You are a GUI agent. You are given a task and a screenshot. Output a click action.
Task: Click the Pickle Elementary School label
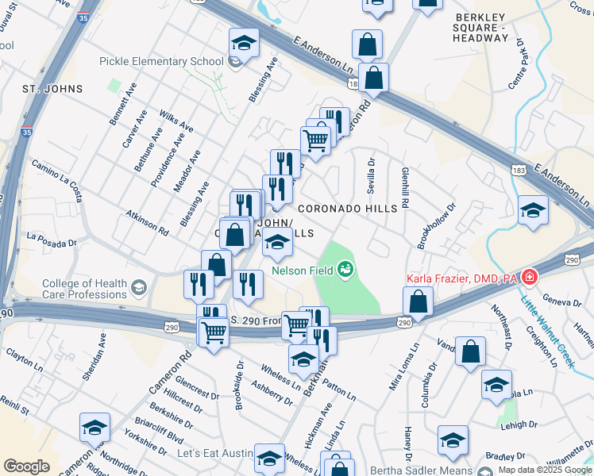tap(161, 62)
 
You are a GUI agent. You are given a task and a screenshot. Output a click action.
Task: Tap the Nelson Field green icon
tap(346, 271)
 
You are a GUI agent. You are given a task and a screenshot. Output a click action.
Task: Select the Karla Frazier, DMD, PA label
tap(461, 278)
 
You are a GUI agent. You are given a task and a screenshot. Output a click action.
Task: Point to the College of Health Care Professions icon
tap(140, 286)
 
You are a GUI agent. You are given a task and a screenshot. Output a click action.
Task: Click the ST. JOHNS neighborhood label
tap(52, 89)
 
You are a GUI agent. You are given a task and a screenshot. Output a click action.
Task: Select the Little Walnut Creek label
tap(546, 325)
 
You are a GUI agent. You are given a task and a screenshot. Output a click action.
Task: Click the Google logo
tap(26, 466)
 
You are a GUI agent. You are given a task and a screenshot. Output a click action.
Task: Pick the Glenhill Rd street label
tap(404, 187)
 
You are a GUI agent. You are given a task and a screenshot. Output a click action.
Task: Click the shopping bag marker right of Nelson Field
tap(418, 302)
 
